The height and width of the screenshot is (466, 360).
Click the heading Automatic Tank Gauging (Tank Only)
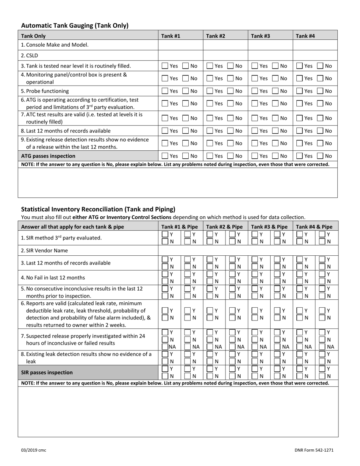(75, 26)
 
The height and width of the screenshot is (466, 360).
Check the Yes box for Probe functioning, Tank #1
(165, 91)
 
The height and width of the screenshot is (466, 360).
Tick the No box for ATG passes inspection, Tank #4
(320, 156)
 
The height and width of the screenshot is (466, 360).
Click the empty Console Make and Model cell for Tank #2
(225, 45)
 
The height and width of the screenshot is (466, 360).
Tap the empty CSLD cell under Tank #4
(315, 55)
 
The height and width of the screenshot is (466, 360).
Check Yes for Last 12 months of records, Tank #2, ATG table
(210, 131)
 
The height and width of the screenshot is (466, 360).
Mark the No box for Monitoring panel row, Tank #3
(275, 78)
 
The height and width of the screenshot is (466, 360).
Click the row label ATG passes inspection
(48, 156)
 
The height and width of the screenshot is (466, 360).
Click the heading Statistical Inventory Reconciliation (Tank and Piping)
(98, 209)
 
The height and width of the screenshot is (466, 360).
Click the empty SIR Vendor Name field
(248, 250)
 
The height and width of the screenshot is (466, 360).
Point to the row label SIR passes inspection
(47, 372)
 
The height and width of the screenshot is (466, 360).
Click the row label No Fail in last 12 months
(53, 277)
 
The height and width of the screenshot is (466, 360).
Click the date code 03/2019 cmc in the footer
(33, 450)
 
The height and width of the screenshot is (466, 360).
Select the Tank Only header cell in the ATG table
(33, 36)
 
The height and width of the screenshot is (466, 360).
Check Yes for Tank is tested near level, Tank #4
(299, 66)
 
